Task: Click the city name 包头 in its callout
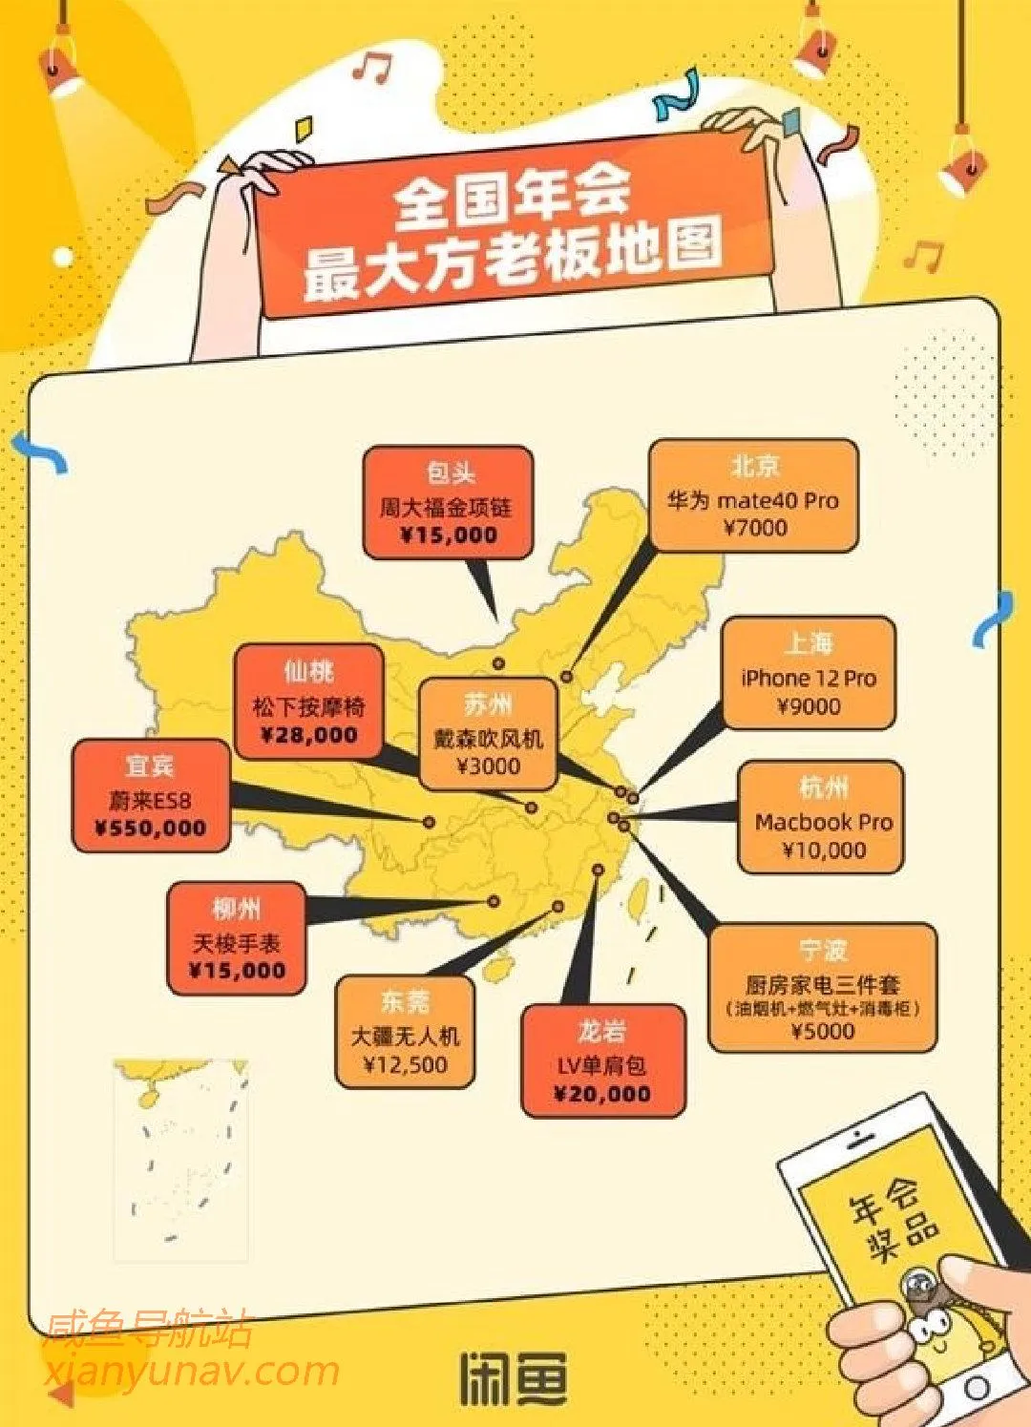[450, 472]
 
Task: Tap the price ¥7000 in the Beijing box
[755, 528]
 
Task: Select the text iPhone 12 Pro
[809, 679]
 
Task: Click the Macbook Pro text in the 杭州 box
[823, 822]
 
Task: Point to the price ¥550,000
[151, 829]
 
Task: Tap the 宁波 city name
[823, 951]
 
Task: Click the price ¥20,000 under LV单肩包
[602, 1094]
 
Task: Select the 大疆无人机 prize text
[406, 1036]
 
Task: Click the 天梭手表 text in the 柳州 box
[237, 943]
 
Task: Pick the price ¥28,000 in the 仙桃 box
[309, 735]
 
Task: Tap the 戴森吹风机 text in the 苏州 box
[488, 739]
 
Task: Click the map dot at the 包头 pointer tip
[499, 663]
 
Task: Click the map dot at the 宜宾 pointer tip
[430, 822]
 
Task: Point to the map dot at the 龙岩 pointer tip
[598, 870]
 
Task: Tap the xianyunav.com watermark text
[191, 1371]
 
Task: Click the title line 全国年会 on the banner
[513, 196]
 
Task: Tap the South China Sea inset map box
[180, 1159]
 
